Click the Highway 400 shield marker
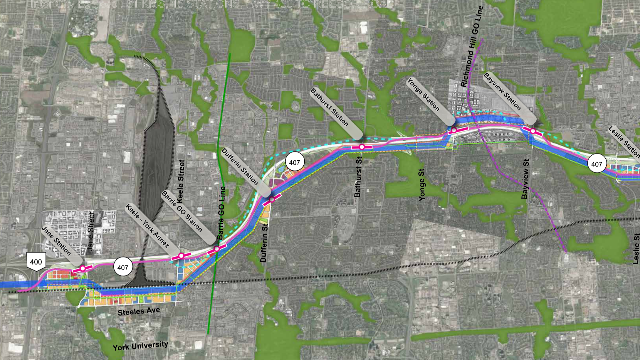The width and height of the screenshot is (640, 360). (x=36, y=262)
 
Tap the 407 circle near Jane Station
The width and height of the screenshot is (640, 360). (x=123, y=267)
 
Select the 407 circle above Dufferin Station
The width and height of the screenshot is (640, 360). (x=295, y=162)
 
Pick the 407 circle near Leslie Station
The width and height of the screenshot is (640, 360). (x=597, y=164)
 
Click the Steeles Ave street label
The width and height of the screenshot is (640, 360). (x=139, y=311)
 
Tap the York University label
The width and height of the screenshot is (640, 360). (x=140, y=346)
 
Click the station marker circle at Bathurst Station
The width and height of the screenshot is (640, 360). (x=362, y=147)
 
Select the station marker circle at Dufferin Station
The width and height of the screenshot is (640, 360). (x=272, y=199)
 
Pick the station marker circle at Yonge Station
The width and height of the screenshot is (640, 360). (x=454, y=130)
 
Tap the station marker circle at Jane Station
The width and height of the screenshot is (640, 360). (x=83, y=268)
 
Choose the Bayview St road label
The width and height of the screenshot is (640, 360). (x=525, y=179)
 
